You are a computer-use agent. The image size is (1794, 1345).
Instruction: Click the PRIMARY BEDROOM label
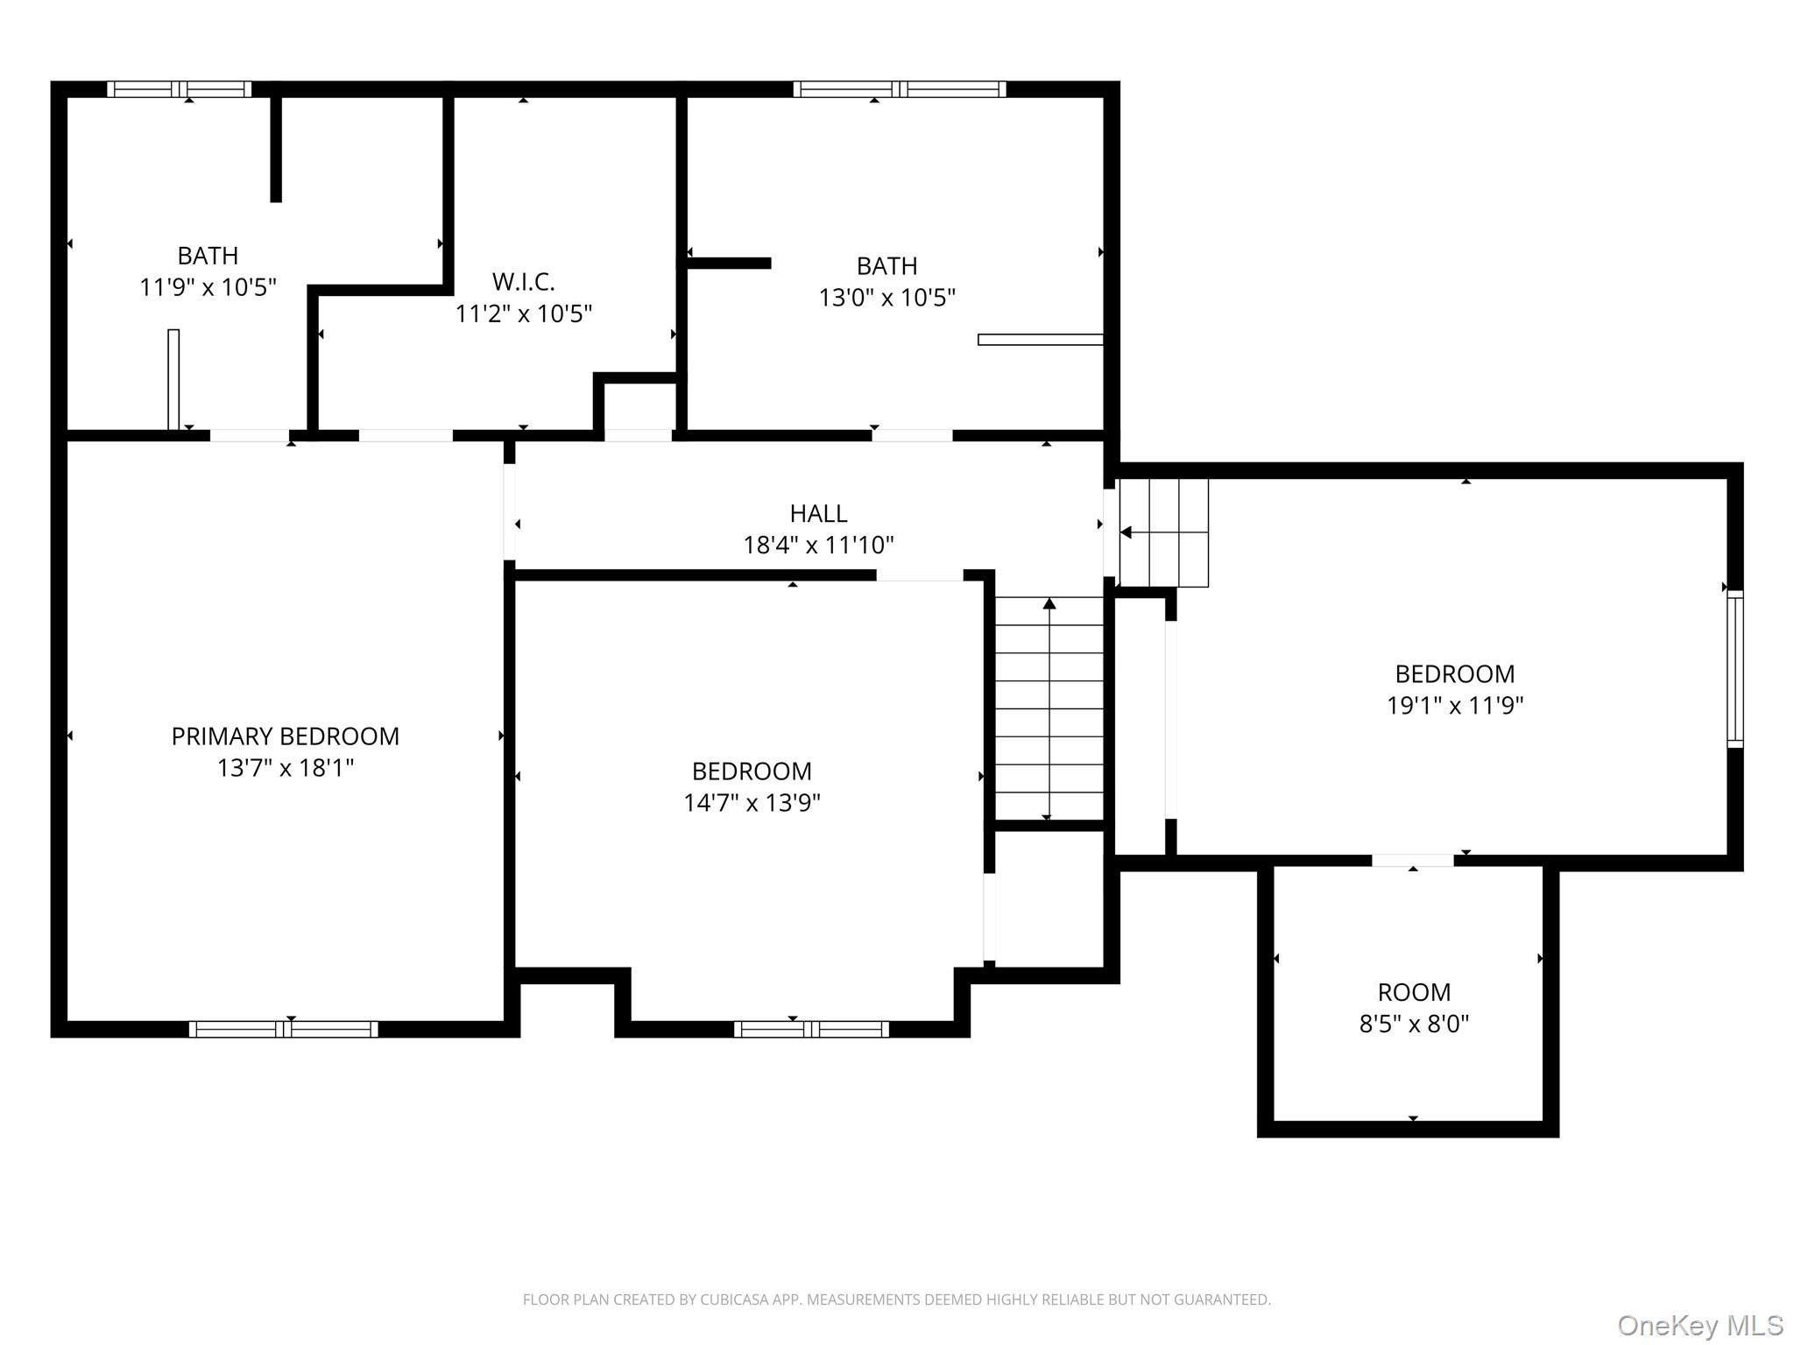[286, 736]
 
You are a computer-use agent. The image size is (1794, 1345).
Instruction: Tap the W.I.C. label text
[524, 282]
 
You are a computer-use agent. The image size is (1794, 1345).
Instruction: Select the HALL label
[819, 513]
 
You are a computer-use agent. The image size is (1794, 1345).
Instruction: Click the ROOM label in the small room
[1414, 992]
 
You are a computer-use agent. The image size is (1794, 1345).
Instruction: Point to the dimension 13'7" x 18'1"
[286, 768]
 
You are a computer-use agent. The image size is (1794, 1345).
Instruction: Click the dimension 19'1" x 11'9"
[1455, 705]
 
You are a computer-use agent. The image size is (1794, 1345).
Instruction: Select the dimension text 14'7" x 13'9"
[752, 802]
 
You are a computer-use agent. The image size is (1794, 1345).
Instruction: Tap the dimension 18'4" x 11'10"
[819, 545]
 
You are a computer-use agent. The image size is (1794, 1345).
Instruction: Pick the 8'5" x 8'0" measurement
[1414, 1024]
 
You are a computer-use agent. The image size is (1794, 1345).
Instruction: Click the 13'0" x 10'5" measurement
[887, 298]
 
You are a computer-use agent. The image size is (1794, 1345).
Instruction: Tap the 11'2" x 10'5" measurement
[524, 313]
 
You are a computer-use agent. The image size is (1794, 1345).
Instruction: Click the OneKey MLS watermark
[1700, 1325]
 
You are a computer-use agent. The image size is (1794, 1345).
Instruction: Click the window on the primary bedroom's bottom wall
[284, 1029]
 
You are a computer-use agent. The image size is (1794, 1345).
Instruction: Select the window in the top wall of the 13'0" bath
[900, 88]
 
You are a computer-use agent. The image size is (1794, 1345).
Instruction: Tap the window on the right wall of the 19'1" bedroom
[1734, 669]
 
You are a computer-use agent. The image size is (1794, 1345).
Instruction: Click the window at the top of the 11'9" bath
[180, 88]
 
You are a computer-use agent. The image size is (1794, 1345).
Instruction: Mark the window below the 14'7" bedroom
[811, 1029]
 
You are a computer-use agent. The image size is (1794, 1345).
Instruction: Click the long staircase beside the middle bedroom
[1049, 708]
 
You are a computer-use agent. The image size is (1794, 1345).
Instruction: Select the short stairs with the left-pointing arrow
[1164, 532]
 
